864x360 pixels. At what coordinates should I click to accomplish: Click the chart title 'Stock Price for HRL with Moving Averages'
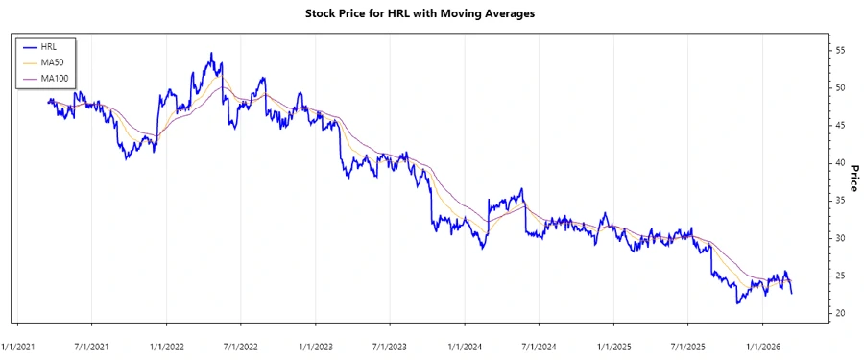pyautogui.click(x=431, y=14)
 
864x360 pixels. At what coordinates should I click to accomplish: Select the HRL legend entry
pyautogui.click(x=49, y=47)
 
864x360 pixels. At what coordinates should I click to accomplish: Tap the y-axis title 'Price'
pyautogui.click(x=852, y=177)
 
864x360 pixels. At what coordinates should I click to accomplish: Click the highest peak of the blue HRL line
pyautogui.click(x=211, y=54)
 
